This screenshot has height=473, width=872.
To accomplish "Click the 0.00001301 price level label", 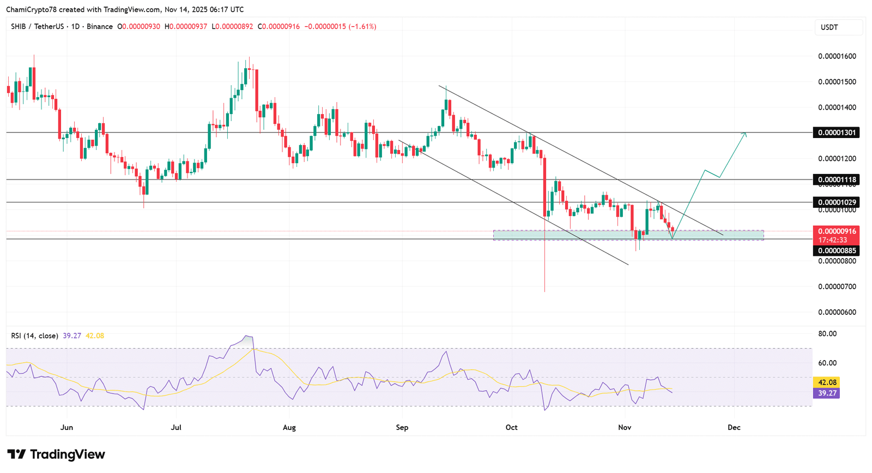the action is (836, 133).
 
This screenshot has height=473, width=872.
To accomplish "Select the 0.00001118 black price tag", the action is (836, 179).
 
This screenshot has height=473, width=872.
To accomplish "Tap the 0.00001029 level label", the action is (836, 202).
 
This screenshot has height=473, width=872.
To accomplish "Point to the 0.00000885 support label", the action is (836, 250).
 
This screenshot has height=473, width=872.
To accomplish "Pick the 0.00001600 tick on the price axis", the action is (837, 56).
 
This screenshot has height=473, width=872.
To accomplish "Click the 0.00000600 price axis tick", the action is (837, 312).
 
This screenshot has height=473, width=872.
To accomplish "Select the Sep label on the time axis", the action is (402, 427).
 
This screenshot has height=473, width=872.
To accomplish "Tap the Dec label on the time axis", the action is (734, 427).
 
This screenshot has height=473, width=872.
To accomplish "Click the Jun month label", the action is (66, 427).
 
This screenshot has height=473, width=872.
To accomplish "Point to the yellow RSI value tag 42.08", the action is (826, 382).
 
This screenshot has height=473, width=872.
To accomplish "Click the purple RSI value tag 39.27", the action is (826, 393).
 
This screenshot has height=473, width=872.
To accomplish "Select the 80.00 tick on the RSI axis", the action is (827, 334).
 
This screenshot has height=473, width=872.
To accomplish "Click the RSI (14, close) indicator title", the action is (35, 336).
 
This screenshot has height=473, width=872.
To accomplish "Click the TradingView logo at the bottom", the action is (56, 454).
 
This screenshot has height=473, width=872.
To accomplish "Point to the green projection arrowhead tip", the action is (746, 133).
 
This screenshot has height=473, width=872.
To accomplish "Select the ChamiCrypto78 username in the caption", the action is (32, 9).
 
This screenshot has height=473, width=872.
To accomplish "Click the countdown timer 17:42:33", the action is (833, 240).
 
